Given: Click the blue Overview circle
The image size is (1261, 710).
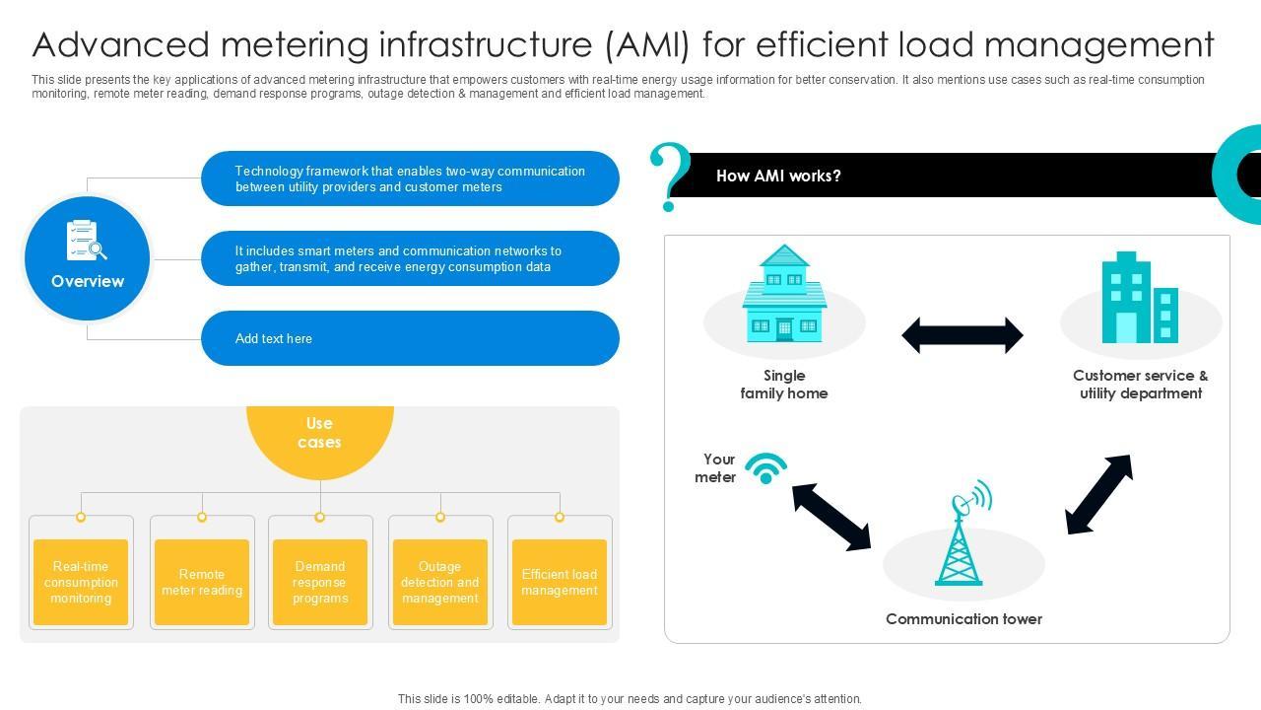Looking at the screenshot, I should tap(87, 258).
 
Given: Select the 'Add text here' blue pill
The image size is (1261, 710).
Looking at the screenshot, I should tap(410, 338).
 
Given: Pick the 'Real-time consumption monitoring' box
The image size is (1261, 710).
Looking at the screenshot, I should tap(81, 582).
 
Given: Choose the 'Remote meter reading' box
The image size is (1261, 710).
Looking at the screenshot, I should tap(202, 582).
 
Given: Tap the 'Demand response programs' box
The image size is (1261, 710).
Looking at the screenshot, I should tap(320, 582).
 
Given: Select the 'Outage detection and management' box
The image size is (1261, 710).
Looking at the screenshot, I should tap(440, 582).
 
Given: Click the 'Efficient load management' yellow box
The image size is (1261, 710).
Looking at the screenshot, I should tap(560, 582).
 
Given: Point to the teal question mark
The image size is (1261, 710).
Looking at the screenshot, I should tap(669, 176).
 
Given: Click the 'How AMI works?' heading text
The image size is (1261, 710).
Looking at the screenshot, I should tap(778, 176).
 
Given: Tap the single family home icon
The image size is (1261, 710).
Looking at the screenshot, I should tap(784, 295).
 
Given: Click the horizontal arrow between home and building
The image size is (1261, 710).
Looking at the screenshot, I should tap(962, 335).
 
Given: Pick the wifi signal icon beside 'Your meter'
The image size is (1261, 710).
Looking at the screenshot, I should tap(765, 467).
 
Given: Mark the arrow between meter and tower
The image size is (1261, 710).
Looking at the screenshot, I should tap(831, 515).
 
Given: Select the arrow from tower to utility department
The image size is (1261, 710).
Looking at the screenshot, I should tap(1098, 495).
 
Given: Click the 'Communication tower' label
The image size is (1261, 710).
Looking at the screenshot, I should tap(963, 619).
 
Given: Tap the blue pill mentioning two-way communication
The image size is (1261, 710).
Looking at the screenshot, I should tap(410, 178).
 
